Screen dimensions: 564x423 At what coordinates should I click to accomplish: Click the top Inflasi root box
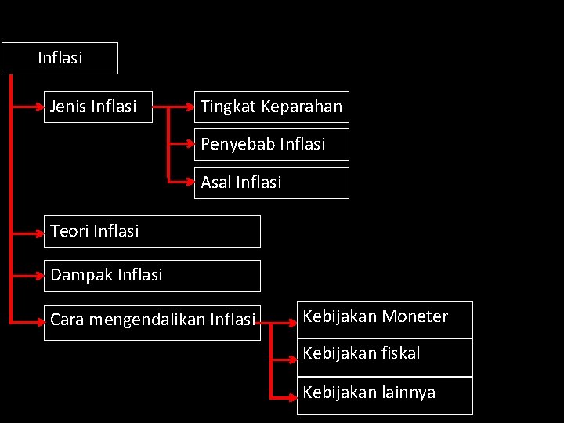[60, 58]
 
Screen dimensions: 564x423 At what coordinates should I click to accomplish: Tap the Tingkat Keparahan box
[271, 107]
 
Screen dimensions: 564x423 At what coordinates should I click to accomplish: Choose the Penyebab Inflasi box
[271, 144]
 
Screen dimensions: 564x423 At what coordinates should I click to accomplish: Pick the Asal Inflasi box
[271, 183]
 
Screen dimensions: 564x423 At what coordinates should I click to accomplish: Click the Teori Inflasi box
[152, 231]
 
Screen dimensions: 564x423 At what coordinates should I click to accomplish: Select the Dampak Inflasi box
[152, 276]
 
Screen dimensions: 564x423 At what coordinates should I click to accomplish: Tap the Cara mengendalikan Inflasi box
[152, 320]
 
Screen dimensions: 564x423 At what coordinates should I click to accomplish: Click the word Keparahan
[302, 107]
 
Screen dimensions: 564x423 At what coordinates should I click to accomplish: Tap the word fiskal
[401, 353]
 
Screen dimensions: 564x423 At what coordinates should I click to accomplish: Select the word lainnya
[408, 392]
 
